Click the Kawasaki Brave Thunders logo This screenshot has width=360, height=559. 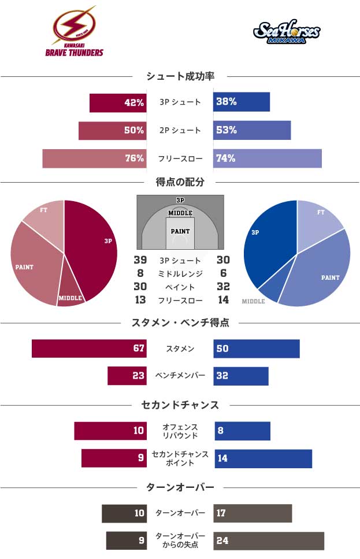[74, 32]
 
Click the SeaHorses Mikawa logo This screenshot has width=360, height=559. [287, 32]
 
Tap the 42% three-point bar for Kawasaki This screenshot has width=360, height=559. [117, 102]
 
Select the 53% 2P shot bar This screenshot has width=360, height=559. [252, 130]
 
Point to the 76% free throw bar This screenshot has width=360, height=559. [94, 158]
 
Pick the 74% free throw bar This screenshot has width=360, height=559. [267, 158]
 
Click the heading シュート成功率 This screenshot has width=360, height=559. [180, 76]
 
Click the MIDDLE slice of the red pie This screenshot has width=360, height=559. [70, 293]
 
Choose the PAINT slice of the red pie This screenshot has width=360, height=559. [32, 263]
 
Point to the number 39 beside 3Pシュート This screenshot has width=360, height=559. [140, 260]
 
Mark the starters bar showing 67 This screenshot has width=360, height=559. [89, 349]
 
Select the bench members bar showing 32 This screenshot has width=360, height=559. [241, 376]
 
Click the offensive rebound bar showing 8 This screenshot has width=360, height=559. [242, 431]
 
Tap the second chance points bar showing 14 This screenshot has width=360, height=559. [263, 458]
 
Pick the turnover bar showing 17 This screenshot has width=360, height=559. [253, 513]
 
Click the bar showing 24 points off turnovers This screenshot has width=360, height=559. [269, 541]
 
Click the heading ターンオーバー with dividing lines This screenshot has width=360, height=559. [180, 487]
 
